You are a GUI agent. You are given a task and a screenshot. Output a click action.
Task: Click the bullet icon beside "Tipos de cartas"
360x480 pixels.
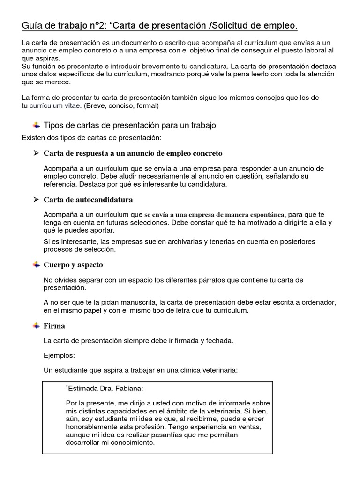(x=36, y=126)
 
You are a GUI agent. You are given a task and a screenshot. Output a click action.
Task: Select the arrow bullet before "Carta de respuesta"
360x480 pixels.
(x=36, y=153)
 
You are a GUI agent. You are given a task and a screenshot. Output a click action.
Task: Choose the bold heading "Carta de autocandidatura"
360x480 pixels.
(x=88, y=200)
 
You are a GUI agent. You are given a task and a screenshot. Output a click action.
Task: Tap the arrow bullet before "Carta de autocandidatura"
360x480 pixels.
(x=36, y=200)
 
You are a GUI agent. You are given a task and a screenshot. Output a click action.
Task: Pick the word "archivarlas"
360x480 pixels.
(x=174, y=242)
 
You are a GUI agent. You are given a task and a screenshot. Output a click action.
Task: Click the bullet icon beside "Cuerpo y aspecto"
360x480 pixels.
(x=36, y=265)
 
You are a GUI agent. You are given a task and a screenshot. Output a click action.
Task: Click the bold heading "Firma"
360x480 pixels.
(x=54, y=326)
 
